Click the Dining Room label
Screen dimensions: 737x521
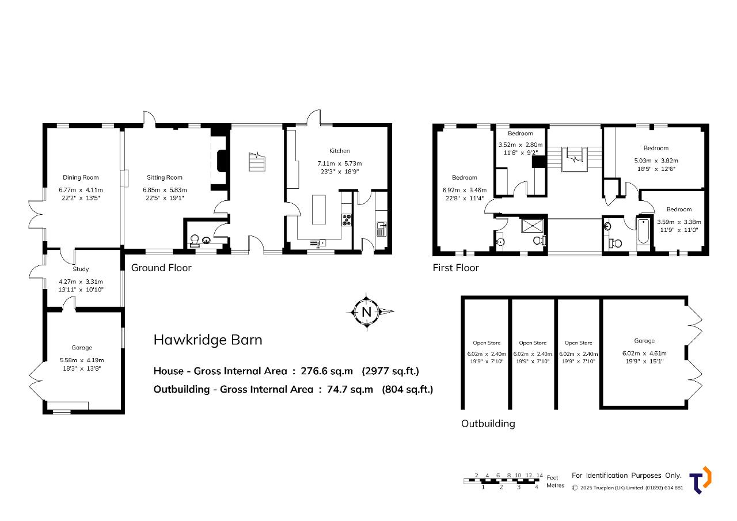81,178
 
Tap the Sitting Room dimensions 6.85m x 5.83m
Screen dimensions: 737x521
165,190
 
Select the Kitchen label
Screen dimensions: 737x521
339,151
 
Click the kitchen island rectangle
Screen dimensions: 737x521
319,210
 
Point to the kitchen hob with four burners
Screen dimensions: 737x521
347,220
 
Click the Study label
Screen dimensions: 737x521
81,269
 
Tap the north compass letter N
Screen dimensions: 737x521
366,312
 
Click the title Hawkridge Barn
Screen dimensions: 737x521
208,340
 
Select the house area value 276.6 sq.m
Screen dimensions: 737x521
326,371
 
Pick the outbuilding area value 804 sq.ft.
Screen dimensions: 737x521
407,389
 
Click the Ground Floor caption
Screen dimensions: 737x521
161,268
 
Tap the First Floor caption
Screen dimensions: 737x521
455,268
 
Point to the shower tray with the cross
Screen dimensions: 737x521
533,226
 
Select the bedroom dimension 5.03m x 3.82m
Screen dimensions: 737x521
656,161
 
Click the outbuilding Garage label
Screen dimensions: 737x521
644,341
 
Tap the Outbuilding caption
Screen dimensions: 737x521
488,424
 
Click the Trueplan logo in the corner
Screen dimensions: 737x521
700,480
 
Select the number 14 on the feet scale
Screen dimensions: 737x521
540,476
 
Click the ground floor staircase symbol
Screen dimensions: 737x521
257,162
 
